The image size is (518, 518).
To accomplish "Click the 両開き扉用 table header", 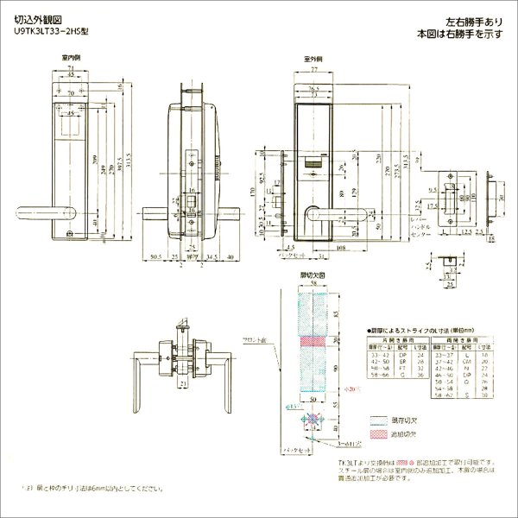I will pyautogui.click(x=452, y=343).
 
